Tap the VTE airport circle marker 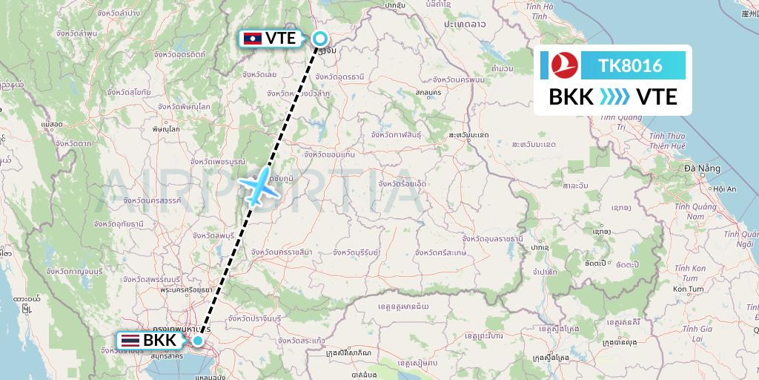point(320,39)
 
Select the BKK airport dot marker point(198,341)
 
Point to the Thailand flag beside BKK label point(129,341)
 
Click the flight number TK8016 point(631,66)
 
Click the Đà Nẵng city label point(703,168)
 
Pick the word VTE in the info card point(657,96)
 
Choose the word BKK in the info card point(571,96)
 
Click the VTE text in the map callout point(280,38)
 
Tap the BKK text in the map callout point(159,341)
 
